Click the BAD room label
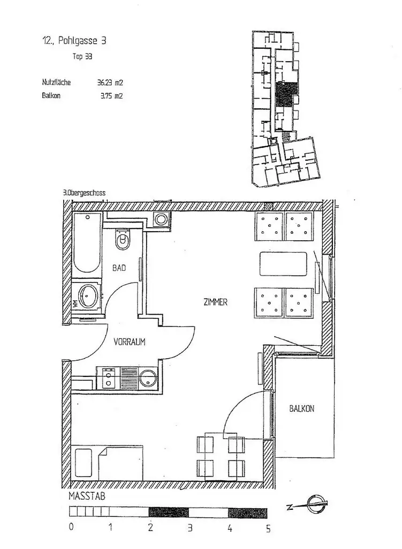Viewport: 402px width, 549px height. click(x=119, y=268)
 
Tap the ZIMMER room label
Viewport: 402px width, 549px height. click(x=215, y=302)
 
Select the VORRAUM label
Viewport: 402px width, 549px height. click(x=130, y=341)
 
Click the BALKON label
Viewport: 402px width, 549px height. click(x=301, y=409)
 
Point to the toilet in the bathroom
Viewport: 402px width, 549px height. click(x=123, y=239)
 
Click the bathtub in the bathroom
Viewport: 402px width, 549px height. click(x=86, y=243)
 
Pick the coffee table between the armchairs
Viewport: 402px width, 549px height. click(x=283, y=263)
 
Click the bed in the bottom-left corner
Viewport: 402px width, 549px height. click(x=107, y=463)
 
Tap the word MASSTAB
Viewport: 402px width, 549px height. click(x=87, y=496)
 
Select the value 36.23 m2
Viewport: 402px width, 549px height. click(x=110, y=83)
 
